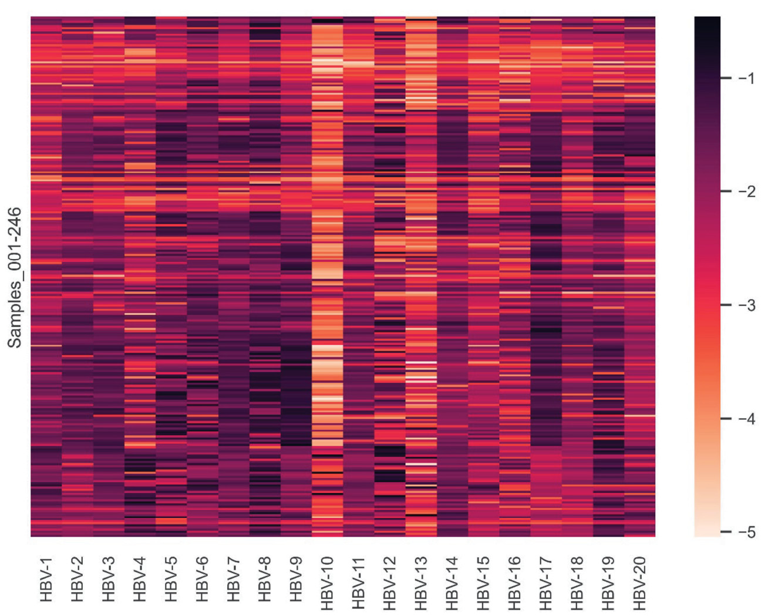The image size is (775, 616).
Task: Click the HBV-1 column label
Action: pyautogui.click(x=46, y=579)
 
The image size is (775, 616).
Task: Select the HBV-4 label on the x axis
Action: pyautogui.click(x=140, y=579)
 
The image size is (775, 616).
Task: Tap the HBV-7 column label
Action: pyautogui.click(x=234, y=579)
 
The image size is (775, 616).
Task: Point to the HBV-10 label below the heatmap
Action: pyautogui.click(x=327, y=583)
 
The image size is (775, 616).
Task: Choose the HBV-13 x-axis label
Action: pyautogui.click(x=421, y=583)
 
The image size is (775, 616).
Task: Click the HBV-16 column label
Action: pyautogui.click(x=514, y=583)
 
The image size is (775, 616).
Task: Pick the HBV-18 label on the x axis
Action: pyautogui.click(x=577, y=583)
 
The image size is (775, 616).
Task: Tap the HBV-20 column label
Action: pyautogui.click(x=639, y=583)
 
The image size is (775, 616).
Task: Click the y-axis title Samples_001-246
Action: pyautogui.click(x=15, y=277)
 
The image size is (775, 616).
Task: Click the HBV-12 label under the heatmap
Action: pyautogui.click(x=390, y=583)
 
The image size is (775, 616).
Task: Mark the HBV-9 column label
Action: pyautogui.click(x=296, y=579)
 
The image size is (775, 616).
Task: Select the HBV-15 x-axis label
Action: pyautogui.click(x=483, y=583)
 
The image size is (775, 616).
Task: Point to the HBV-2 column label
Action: pyautogui.click(x=77, y=579)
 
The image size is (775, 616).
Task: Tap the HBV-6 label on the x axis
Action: pyautogui.click(x=203, y=579)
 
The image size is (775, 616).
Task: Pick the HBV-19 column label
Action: pyautogui.click(x=608, y=583)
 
